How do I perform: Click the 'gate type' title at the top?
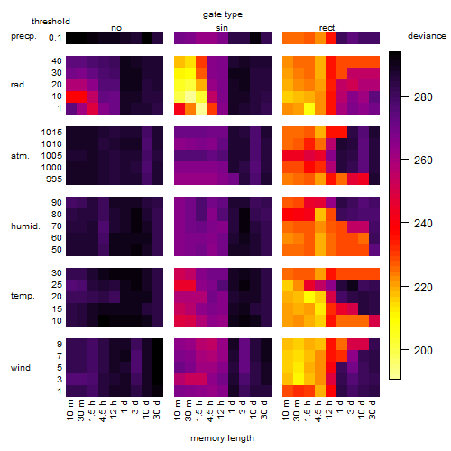pyautogui.click(x=223, y=14)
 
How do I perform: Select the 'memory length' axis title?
pyautogui.click(x=222, y=438)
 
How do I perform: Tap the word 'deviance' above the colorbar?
pyautogui.click(x=427, y=36)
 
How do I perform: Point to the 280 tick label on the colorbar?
pyautogui.click(x=423, y=97)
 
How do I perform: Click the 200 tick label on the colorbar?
pyautogui.click(x=423, y=350)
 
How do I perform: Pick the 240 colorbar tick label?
pyautogui.click(x=423, y=224)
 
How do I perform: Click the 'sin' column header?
pyautogui.click(x=222, y=28)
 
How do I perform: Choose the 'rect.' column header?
pyautogui.click(x=327, y=28)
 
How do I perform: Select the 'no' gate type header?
pyautogui.click(x=116, y=28)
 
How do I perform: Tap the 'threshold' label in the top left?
pyautogui.click(x=51, y=22)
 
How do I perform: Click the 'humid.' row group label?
pyautogui.click(x=25, y=225)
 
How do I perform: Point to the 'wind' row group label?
pyautogui.click(x=21, y=368)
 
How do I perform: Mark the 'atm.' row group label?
pyautogui.click(x=20, y=156)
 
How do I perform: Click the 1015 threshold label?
pyautogui.click(x=51, y=132)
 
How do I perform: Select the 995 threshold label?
pyautogui.click(x=54, y=179)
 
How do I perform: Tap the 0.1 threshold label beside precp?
pyautogui.click(x=55, y=38)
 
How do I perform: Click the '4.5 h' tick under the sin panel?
pyautogui.click(x=210, y=411)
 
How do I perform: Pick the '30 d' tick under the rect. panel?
pyautogui.click(x=373, y=410)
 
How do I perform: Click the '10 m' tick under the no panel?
pyautogui.click(x=69, y=410)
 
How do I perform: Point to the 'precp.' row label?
pyautogui.click(x=23, y=36)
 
